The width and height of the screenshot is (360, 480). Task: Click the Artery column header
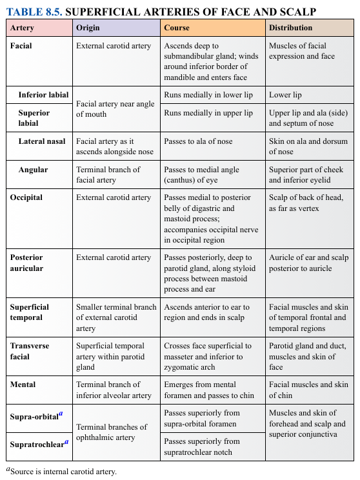[x=23, y=28]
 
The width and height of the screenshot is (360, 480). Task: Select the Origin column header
[x=88, y=28]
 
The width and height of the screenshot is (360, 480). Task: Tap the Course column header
[x=177, y=28]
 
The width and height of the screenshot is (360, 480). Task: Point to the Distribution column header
[x=290, y=28]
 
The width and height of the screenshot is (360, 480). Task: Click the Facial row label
[x=21, y=46]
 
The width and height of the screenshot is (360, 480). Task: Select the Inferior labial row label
[x=43, y=95]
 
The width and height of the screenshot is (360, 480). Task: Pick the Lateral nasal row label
[x=42, y=141]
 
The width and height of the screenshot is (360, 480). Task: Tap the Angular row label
[x=33, y=170]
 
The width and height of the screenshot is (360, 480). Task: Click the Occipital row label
[x=26, y=198]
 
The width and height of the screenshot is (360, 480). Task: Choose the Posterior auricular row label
[x=26, y=263]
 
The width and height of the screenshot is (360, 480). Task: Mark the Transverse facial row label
[x=30, y=351]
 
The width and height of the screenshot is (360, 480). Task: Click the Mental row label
[x=23, y=385]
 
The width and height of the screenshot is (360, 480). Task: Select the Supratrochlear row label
[x=39, y=444]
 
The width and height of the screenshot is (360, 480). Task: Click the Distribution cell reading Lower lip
[x=285, y=95]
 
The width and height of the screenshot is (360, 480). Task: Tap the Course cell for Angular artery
[x=201, y=175]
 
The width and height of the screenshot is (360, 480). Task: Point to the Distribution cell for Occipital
[x=303, y=203]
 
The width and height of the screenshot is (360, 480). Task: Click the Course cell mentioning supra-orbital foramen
[x=202, y=418]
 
